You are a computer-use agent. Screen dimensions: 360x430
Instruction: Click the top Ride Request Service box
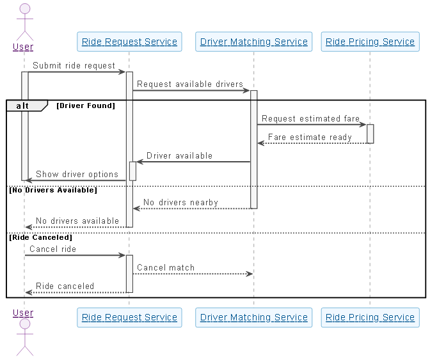point(129,42)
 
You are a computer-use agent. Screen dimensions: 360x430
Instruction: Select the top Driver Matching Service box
point(253,42)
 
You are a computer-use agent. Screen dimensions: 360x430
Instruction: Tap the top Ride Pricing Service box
point(370,42)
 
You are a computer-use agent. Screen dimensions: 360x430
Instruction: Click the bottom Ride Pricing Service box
point(370,317)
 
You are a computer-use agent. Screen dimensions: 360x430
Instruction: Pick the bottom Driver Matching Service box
point(253,317)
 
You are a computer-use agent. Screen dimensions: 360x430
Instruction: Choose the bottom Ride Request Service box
point(129,317)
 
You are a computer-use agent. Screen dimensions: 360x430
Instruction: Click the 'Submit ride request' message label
point(74,65)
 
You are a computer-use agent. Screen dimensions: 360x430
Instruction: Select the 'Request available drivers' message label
point(190,84)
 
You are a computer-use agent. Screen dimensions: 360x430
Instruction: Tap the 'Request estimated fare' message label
point(310,118)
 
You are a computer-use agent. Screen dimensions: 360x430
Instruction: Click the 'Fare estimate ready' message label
point(310,137)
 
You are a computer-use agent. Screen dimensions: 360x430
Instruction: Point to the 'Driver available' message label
point(179,155)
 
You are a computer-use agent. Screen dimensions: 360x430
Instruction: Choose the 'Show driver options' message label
point(77,174)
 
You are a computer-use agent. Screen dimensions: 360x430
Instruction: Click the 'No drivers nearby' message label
point(180,203)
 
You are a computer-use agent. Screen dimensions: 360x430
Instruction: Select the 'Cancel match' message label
point(166,267)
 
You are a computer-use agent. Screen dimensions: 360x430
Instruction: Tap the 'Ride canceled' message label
point(65,286)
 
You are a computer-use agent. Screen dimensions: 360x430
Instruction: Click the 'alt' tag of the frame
point(22,106)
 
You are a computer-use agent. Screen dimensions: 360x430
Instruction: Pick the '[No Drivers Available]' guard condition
point(52,190)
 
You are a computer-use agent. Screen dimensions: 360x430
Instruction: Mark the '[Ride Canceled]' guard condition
point(40,237)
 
